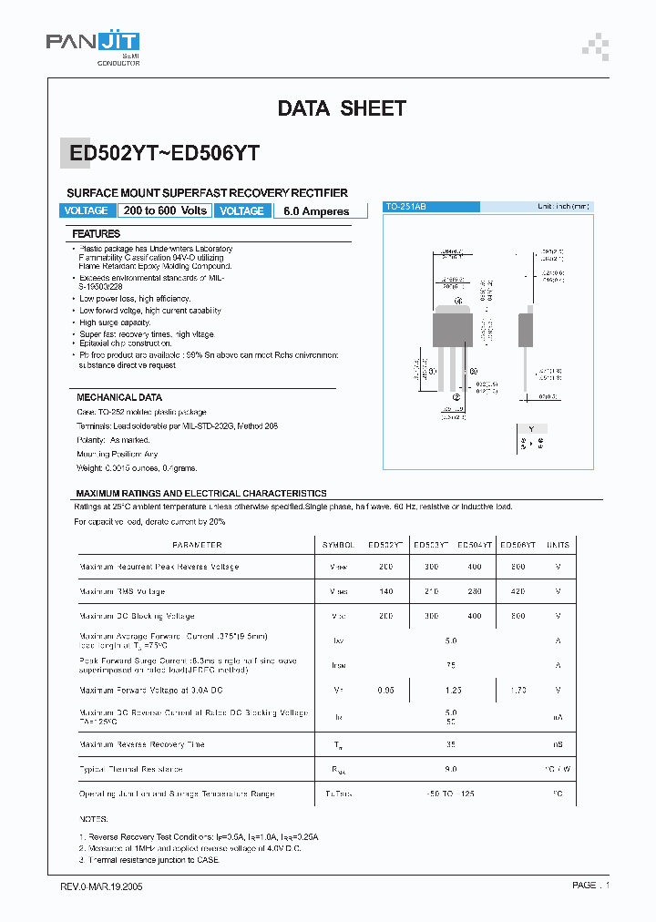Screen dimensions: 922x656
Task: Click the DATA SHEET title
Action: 341,108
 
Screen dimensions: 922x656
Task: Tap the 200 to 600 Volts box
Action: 164,210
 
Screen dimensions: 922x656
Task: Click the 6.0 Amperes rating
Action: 316,210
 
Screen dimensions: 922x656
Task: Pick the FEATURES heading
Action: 97,234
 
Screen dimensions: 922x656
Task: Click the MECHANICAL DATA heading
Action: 119,397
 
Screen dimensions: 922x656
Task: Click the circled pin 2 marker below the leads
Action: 456,397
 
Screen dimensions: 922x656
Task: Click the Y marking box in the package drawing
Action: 531,428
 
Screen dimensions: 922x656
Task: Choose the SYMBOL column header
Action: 337,545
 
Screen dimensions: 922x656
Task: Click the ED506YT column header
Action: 518,545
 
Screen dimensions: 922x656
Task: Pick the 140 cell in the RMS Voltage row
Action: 386,591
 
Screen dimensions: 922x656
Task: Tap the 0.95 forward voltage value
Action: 386,691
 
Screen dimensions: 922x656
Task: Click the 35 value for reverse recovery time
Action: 451,744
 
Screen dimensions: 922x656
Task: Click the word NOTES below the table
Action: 93,820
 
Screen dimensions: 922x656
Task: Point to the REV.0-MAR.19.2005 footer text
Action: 101,886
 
